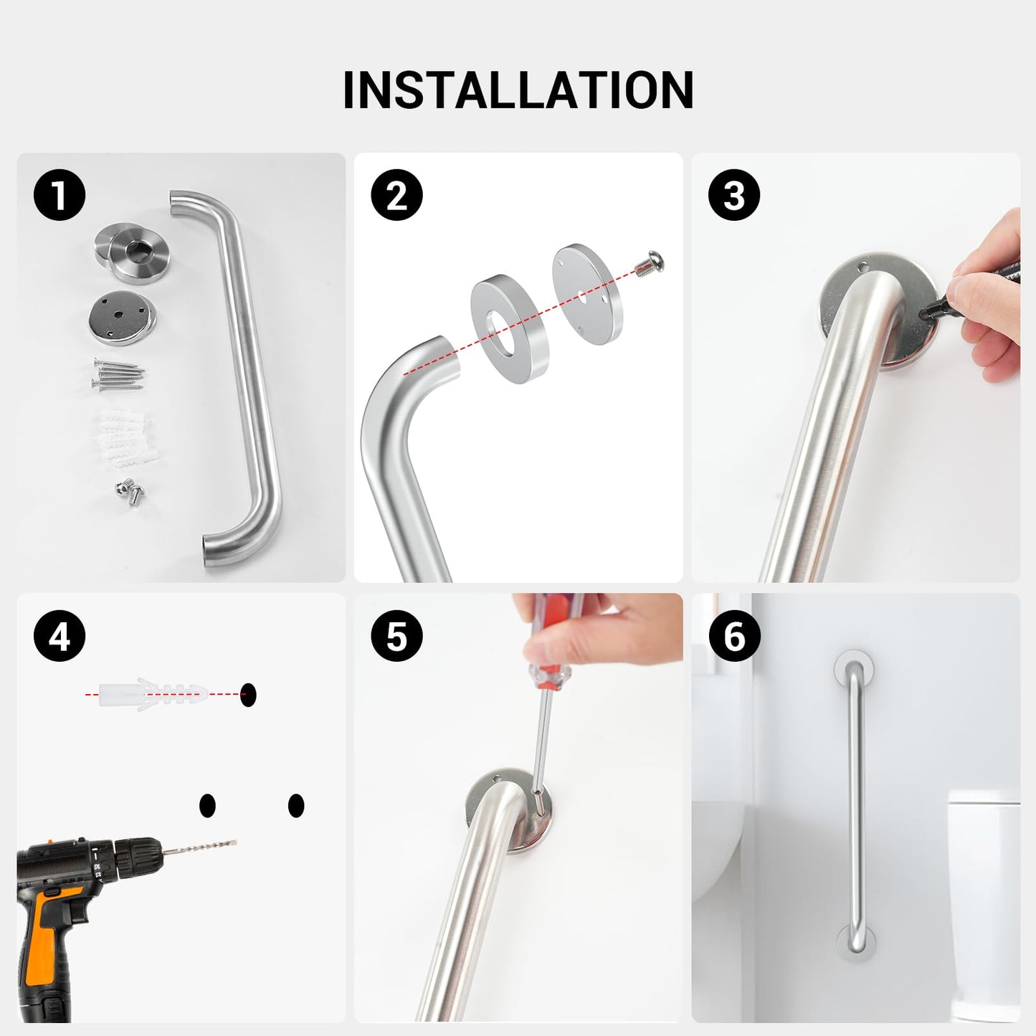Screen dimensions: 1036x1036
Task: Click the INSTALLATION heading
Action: click(518, 90)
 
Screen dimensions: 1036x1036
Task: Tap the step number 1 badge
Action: click(60, 196)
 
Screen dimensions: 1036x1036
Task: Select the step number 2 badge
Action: click(396, 196)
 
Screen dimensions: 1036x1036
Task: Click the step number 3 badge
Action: click(734, 196)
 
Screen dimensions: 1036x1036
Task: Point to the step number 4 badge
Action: click(60, 636)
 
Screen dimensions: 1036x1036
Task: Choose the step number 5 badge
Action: click(396, 636)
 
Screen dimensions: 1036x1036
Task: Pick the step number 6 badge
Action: click(734, 636)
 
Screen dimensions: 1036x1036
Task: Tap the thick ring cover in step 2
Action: click(510, 331)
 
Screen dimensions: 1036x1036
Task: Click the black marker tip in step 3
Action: click(930, 310)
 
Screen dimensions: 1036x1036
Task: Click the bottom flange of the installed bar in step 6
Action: click(856, 941)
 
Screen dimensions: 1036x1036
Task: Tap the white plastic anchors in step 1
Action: click(122, 437)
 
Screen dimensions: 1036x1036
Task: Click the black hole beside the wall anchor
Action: click(248, 694)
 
